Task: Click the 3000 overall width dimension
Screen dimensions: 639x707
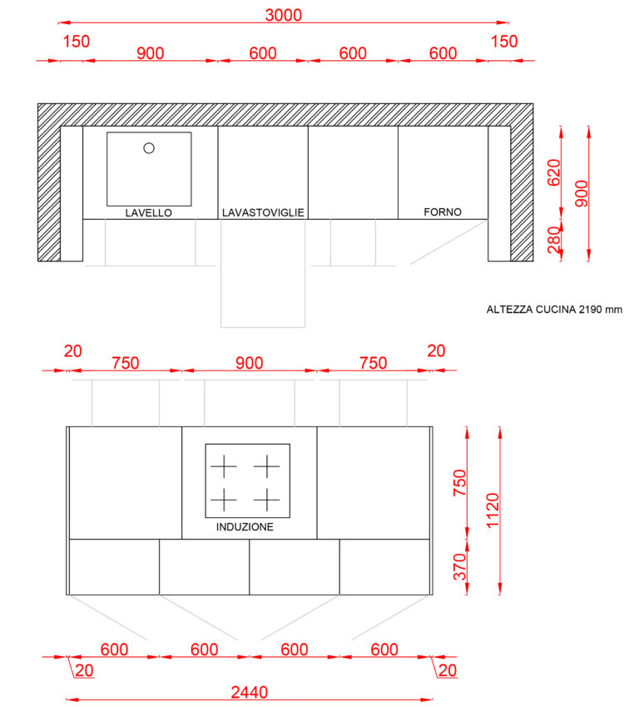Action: coord(283,15)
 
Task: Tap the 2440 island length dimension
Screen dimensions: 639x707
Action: coord(250,692)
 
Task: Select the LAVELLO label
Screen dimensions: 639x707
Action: coord(148,213)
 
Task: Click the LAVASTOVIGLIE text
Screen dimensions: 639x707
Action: coord(263,212)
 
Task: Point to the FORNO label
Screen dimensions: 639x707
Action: coord(443,212)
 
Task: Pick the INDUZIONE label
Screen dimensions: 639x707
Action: coord(245,526)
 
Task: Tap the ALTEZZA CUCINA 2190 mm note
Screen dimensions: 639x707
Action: coord(554,309)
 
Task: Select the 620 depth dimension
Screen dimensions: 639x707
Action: coord(554,172)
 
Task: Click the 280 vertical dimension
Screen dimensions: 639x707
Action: coord(553,241)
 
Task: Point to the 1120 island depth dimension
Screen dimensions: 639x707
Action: coord(493,510)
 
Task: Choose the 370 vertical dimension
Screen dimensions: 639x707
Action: coord(459,567)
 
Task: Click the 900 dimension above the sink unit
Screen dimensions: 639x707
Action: coord(150,53)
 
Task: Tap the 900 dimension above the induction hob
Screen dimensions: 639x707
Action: coord(250,363)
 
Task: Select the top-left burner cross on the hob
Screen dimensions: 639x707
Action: coord(224,466)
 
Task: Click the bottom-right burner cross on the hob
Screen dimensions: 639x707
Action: coord(267,500)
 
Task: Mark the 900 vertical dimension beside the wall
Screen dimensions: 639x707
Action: coord(582,193)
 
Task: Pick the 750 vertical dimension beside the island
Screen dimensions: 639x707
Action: coord(459,482)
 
